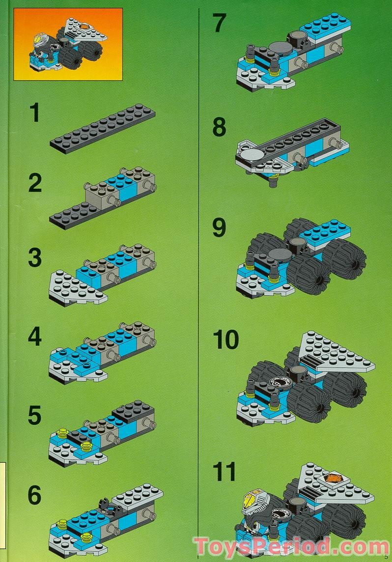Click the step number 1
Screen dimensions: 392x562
pyautogui.click(x=34, y=112)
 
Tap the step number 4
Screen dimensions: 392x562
pyautogui.click(x=35, y=337)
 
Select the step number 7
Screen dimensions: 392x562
pyautogui.click(x=219, y=23)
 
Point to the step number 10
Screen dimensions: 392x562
pyautogui.click(x=226, y=340)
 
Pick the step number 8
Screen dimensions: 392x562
pyautogui.click(x=219, y=127)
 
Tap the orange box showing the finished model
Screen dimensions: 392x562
pyautogui.click(x=68, y=44)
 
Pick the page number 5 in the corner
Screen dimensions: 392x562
pyautogui.click(x=386, y=557)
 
